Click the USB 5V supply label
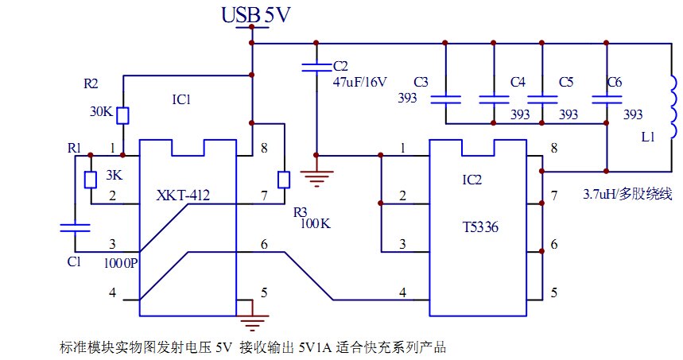pyautogui.click(x=250, y=14)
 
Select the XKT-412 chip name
pyautogui.click(x=187, y=195)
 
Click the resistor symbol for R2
pyautogui.click(x=123, y=116)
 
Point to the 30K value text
pyautogui.click(x=101, y=111)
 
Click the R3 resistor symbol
pyautogui.click(x=283, y=180)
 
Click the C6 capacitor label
pyautogui.click(x=614, y=82)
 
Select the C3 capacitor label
pyautogui.click(x=421, y=81)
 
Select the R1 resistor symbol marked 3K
pyautogui.click(x=89, y=180)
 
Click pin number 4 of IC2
pyautogui.click(x=402, y=292)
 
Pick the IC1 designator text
pyautogui.click(x=184, y=101)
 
